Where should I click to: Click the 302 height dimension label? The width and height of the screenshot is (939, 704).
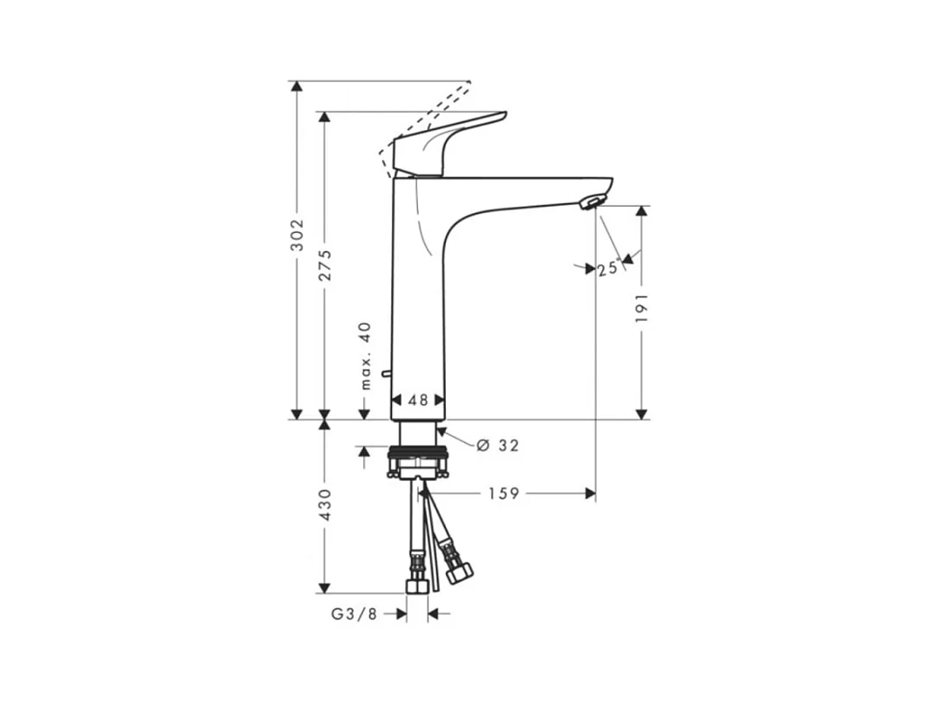coord(297,235)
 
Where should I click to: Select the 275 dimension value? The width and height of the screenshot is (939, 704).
coord(325,264)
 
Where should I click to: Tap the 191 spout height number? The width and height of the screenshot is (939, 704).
coord(641,308)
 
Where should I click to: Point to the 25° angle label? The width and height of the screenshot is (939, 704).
coord(608,268)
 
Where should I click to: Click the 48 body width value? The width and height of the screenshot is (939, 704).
coord(418,400)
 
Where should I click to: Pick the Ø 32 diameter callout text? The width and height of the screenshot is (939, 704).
coord(497,446)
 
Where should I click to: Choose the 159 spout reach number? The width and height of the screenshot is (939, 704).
coord(504,493)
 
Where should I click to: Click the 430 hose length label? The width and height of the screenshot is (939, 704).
coord(325,504)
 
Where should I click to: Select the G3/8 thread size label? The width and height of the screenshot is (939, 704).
coord(354,614)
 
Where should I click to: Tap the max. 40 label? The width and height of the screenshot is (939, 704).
coord(366,356)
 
